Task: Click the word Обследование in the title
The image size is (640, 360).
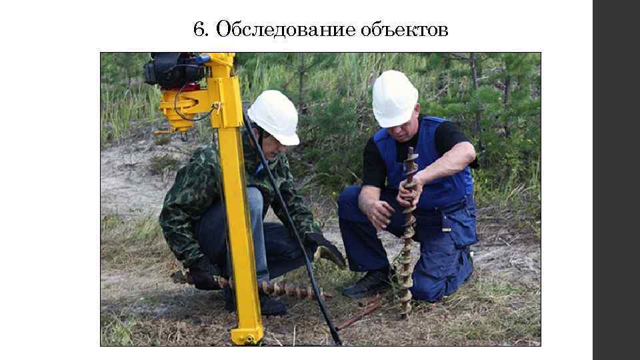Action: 286,30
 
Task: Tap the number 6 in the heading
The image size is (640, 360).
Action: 197,30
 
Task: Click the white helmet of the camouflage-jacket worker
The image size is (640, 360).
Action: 274,116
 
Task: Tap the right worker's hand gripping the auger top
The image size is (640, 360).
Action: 408,190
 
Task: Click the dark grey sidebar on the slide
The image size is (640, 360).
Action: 616,180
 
